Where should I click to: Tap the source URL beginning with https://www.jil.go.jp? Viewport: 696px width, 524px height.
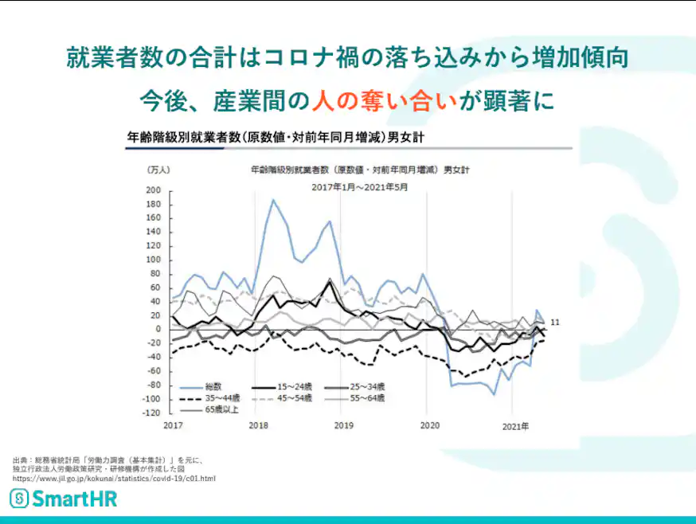(x=114, y=478)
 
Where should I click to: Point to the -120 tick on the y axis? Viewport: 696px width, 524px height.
(x=151, y=413)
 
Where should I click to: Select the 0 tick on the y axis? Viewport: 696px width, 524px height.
(x=158, y=330)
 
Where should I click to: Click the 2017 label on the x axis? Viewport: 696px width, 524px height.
(x=173, y=427)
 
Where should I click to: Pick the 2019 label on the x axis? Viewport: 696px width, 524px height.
(x=342, y=427)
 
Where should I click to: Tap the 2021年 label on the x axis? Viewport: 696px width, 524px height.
(x=515, y=427)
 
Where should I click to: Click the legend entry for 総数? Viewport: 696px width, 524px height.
(x=210, y=385)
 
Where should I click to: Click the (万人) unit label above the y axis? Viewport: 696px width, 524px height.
(x=158, y=170)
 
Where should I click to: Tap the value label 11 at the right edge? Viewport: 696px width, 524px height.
(x=556, y=322)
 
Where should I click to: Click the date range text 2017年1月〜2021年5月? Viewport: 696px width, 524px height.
(x=360, y=187)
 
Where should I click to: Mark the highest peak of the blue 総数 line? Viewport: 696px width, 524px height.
(x=273, y=200)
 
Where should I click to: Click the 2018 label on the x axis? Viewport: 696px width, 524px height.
(x=258, y=427)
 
